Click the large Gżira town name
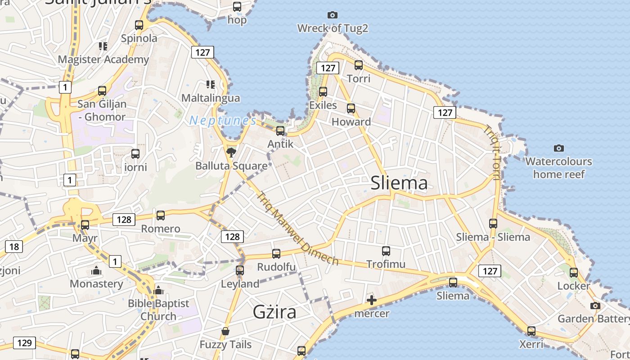click(x=274, y=311)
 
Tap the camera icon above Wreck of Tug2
click(x=333, y=15)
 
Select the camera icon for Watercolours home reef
click(x=559, y=148)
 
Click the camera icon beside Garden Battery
click(x=595, y=306)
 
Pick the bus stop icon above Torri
click(x=359, y=65)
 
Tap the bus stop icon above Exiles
click(x=323, y=92)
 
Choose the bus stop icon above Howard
click(x=351, y=108)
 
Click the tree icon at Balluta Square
click(x=231, y=152)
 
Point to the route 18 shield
click(x=14, y=246)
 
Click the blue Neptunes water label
click(x=223, y=121)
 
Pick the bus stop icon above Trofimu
click(x=386, y=251)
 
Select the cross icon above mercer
click(x=372, y=300)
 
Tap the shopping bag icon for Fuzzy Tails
click(x=225, y=332)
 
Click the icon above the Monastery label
click(x=96, y=270)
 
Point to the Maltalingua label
click(x=211, y=98)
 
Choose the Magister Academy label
click(x=103, y=59)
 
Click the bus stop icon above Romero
click(x=161, y=215)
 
